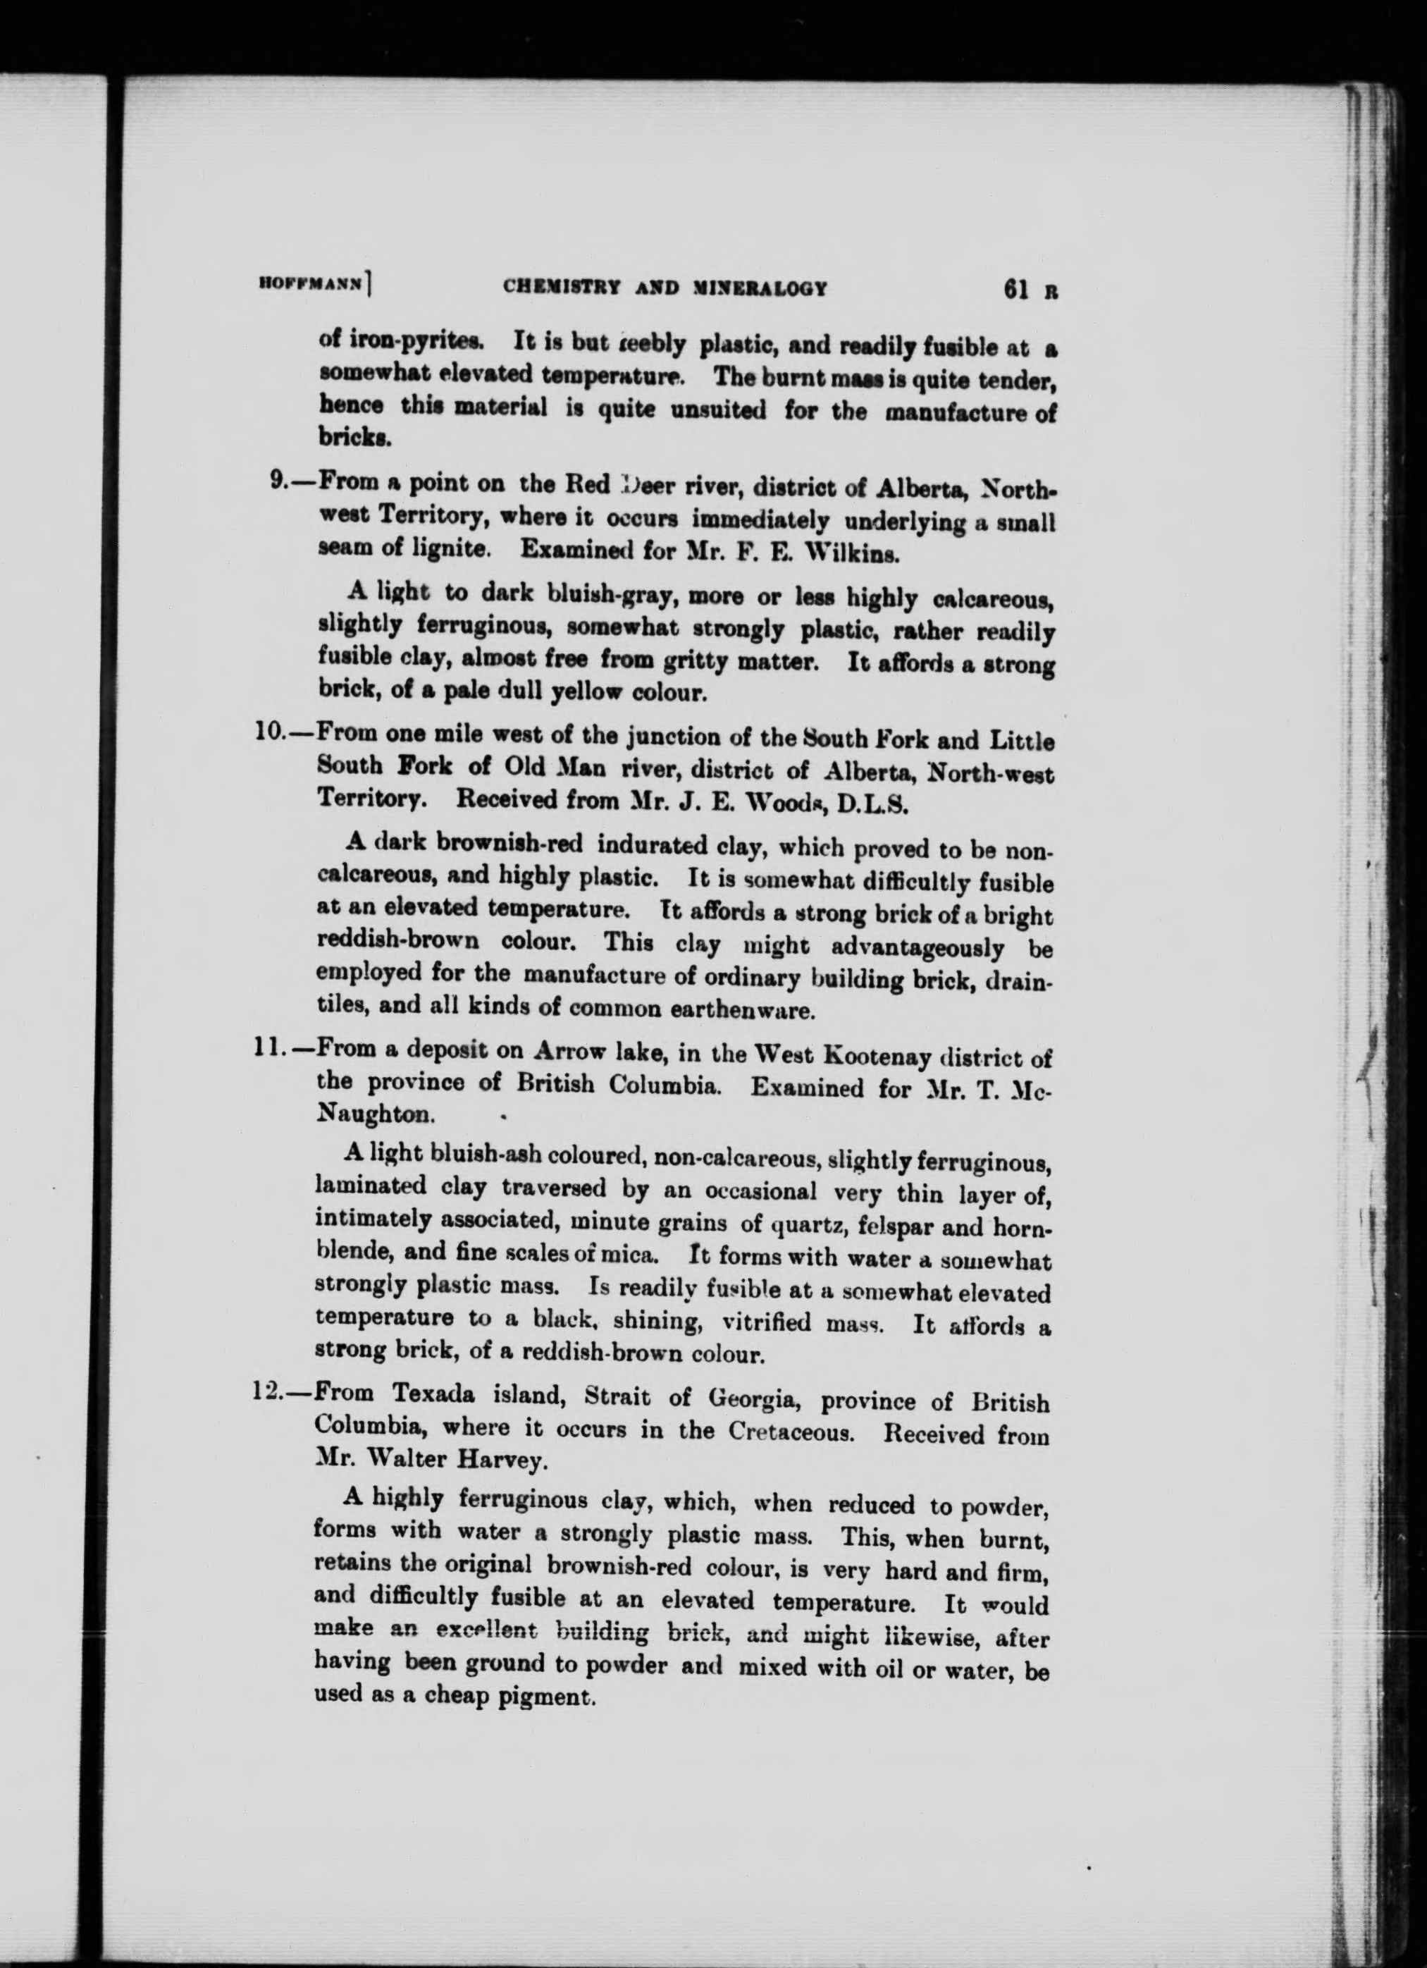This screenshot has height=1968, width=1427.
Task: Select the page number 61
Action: click(1017, 289)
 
